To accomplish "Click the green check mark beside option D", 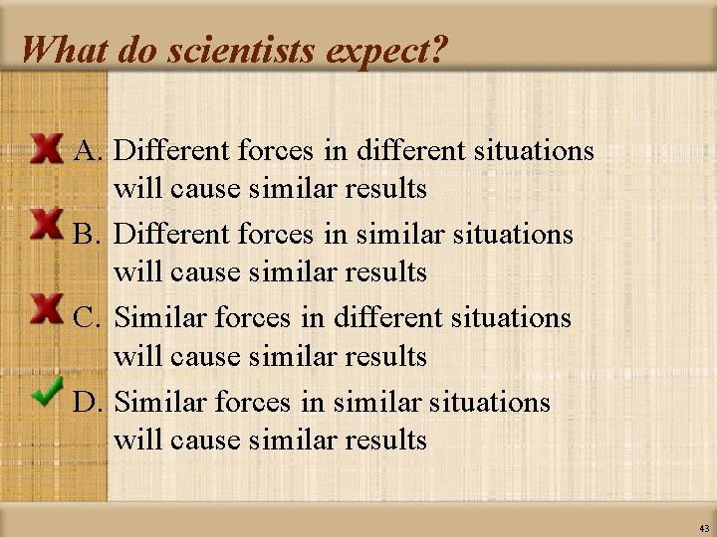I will pyautogui.click(x=47, y=391).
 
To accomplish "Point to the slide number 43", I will pyautogui.click(x=704, y=528).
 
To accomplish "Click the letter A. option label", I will pyautogui.click(x=91, y=151).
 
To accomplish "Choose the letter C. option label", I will pyautogui.click(x=91, y=318).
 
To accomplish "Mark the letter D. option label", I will pyautogui.click(x=91, y=402).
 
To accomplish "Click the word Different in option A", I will pyautogui.click(x=174, y=151).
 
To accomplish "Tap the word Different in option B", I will pyautogui.click(x=174, y=235).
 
